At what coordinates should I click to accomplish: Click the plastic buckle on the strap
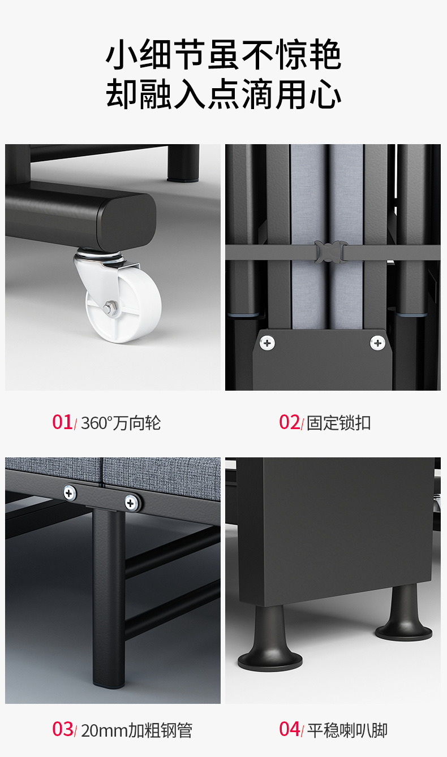pyautogui.click(x=330, y=252)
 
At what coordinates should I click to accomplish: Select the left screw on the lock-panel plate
pyautogui.click(x=267, y=343)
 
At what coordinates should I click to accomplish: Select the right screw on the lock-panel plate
pyautogui.click(x=377, y=343)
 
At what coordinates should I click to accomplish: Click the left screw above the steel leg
pyautogui.click(x=70, y=493)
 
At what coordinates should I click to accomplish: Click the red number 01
pyautogui.click(x=62, y=422)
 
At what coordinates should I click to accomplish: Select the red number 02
pyautogui.click(x=289, y=422)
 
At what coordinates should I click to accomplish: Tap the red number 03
pyautogui.click(x=63, y=729)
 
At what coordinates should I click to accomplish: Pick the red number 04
pyautogui.click(x=290, y=729)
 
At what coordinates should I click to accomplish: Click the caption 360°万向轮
pyautogui.click(x=121, y=423)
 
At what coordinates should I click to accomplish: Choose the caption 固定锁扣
pyautogui.click(x=338, y=423)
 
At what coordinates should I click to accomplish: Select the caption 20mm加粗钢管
pyautogui.click(x=136, y=730)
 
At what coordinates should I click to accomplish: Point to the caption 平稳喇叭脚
pyautogui.click(x=347, y=730)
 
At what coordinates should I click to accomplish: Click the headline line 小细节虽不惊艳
pyautogui.click(x=223, y=54)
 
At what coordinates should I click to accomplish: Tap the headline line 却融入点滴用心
pyautogui.click(x=223, y=94)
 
